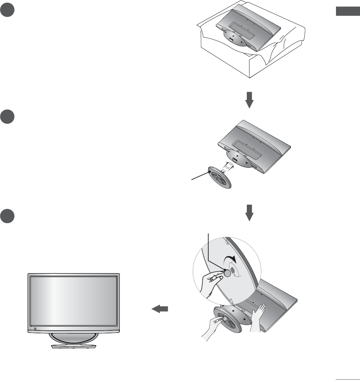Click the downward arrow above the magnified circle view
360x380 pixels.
pyautogui.click(x=250, y=212)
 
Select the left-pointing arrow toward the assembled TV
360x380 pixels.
pyautogui.click(x=160, y=309)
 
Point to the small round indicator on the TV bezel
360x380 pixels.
pyautogui.click(x=35, y=329)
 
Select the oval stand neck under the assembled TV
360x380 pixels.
pyautogui.click(x=73, y=338)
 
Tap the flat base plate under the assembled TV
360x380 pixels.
pyautogui.click(x=74, y=346)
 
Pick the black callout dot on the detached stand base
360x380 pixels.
pyautogui.click(x=210, y=171)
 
